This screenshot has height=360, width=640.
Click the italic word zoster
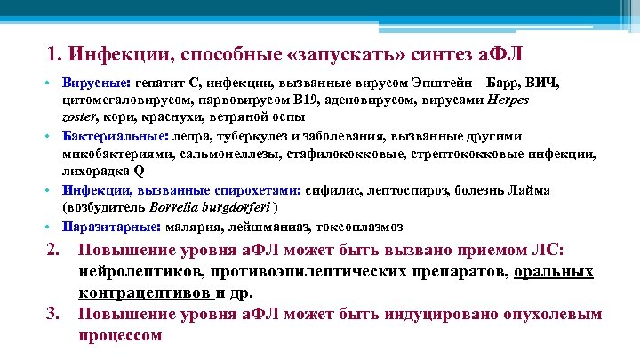pyautogui.click(x=78, y=116)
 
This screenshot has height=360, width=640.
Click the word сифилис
pyautogui.click(x=332, y=189)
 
